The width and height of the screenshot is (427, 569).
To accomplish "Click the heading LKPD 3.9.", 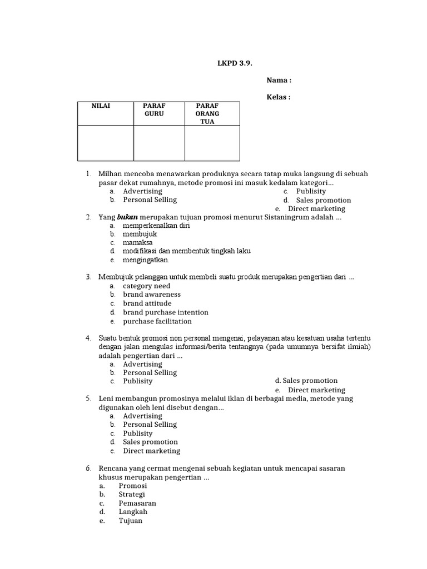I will pos(234,63).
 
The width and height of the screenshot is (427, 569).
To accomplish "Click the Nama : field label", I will pos(279,80).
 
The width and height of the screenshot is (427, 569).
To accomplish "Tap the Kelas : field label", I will pos(279,97).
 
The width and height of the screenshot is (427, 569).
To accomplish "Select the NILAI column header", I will pos(101,106).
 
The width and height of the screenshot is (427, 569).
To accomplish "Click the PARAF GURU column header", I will pos(154,109).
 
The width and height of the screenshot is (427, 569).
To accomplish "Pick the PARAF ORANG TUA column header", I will pos(207,113).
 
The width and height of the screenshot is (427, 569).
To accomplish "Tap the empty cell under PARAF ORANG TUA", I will pos(212,143).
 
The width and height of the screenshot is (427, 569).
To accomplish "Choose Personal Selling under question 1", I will pos(150,200).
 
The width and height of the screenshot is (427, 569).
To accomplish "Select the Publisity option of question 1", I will pos(311,191).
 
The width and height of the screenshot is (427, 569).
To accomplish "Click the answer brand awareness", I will pos(152,295).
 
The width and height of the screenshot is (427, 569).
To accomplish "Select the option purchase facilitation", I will pos(157,321).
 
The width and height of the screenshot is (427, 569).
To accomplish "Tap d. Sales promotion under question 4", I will pos(306,381).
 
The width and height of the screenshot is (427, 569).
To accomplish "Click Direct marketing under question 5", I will pos(151,451).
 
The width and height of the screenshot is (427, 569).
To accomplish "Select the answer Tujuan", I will pos(130,521).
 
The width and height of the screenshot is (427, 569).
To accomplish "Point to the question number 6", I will pos(88,468).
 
